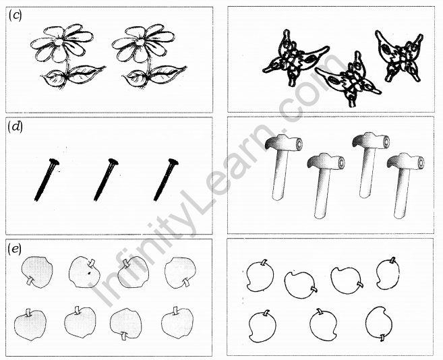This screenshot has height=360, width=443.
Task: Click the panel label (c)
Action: click(x=15, y=16)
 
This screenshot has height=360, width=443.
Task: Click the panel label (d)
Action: click(x=16, y=127)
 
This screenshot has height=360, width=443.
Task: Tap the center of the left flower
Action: click(x=59, y=42)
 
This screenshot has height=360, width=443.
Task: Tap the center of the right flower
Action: click(x=140, y=42)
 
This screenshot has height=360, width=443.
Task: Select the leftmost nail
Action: click(x=47, y=180)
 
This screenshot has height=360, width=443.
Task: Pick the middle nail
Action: click(x=106, y=180)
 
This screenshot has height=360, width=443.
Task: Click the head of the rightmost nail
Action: click(x=173, y=162)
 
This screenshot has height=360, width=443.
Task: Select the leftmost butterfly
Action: click(x=295, y=58)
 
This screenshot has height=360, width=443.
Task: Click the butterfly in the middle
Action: click(x=349, y=80)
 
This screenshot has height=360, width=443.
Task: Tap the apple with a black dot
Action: click(x=84, y=272)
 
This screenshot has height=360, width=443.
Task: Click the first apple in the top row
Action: click(x=37, y=272)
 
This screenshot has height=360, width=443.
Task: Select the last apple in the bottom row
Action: click(x=177, y=322)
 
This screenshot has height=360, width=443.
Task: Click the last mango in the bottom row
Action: click(x=379, y=324)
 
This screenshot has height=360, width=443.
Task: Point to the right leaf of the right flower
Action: click(x=169, y=74)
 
